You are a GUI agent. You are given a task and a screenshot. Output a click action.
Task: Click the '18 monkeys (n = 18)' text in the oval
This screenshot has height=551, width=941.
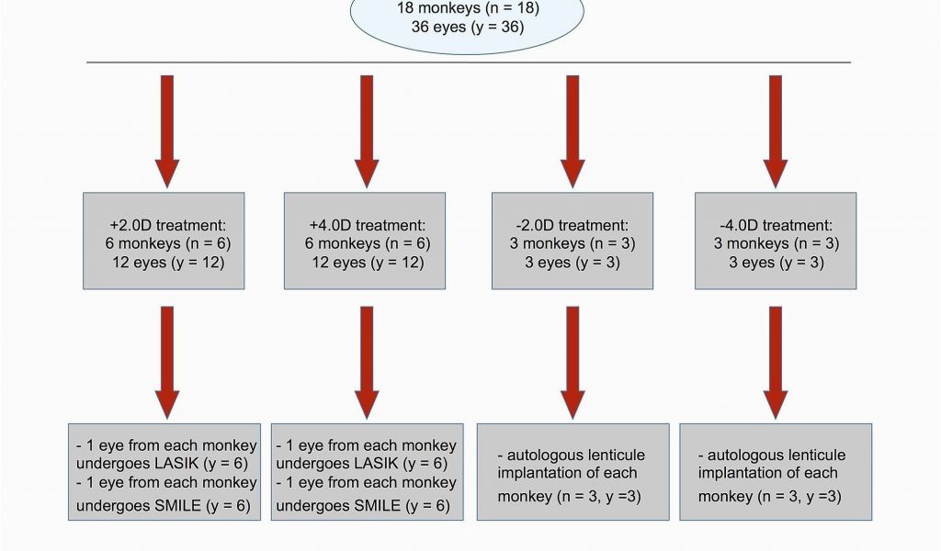[x=468, y=8]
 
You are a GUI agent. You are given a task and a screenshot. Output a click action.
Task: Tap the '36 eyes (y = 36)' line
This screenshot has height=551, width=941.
[x=468, y=27]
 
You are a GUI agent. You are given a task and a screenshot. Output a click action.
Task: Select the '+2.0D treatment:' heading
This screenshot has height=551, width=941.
[x=168, y=225]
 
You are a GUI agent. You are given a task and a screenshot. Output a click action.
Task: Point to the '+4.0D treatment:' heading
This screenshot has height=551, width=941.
[x=368, y=225]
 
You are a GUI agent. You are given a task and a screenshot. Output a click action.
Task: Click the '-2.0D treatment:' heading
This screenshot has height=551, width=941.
[x=573, y=225]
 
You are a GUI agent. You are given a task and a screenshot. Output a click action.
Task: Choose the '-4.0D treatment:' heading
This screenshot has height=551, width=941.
[x=776, y=225]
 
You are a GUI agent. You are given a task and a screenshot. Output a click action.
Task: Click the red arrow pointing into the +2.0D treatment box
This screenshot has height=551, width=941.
[x=167, y=131]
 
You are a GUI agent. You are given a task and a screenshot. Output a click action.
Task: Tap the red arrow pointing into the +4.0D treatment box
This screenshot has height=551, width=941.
[x=367, y=131]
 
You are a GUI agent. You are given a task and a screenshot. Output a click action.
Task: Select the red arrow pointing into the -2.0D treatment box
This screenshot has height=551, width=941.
[x=573, y=131]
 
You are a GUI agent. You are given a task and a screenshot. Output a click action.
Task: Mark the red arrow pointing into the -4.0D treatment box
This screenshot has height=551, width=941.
[x=776, y=131]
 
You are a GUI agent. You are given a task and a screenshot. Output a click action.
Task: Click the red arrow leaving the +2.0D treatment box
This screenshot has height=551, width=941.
[x=167, y=363]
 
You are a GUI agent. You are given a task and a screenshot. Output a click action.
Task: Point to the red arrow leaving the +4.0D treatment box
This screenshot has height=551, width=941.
[x=367, y=363]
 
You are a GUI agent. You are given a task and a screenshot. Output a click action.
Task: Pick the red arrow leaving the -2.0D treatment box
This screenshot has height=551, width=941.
[x=573, y=363]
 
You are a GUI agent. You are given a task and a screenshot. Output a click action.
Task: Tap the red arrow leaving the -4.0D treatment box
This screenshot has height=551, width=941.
[x=776, y=363]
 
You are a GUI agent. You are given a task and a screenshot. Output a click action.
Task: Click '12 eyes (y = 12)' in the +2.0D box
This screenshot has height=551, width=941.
[x=168, y=263]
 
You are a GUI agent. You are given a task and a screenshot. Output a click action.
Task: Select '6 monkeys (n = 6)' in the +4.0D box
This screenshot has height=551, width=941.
[x=368, y=244]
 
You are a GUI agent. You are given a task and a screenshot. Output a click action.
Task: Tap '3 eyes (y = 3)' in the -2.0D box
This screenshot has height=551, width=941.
[x=573, y=263]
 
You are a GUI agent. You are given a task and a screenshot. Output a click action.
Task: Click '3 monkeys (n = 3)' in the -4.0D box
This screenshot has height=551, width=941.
[x=776, y=244]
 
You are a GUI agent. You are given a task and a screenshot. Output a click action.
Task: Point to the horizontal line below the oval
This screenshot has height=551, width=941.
[x=469, y=62]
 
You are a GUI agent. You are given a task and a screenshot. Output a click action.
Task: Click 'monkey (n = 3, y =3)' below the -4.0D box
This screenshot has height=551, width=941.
[x=769, y=497]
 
